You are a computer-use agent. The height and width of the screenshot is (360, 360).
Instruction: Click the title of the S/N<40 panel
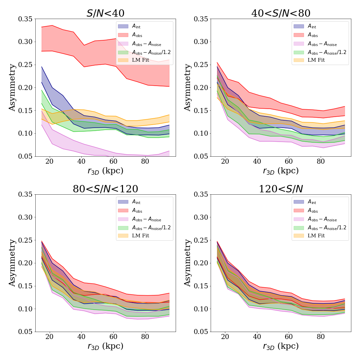pyautogui.click(x=105, y=13)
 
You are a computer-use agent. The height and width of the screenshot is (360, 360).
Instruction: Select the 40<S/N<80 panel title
pyautogui.click(x=281, y=13)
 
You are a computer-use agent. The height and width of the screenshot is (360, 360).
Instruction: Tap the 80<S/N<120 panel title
pyautogui.click(x=105, y=189)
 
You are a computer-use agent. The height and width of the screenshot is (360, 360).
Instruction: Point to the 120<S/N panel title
pyautogui.click(x=281, y=189)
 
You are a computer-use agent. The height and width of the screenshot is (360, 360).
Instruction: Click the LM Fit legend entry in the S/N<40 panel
pyautogui.click(x=141, y=60)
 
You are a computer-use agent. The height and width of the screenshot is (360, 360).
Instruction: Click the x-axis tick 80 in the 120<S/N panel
pyautogui.click(x=320, y=337)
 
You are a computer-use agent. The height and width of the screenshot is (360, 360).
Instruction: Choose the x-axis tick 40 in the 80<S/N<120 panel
pyautogui.click(x=81, y=337)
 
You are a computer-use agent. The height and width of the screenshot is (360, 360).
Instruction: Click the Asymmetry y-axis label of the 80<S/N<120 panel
pyautogui.click(x=12, y=263)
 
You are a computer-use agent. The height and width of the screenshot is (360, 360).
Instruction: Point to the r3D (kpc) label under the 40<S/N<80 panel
pyautogui.click(x=281, y=171)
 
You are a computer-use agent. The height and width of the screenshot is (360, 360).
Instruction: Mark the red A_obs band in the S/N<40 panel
pyautogui.click(x=100, y=67)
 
